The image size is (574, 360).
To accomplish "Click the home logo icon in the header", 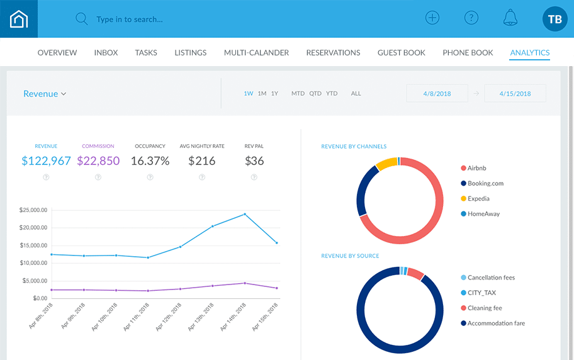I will coord(19,19).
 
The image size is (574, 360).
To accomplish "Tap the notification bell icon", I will coord(510,18).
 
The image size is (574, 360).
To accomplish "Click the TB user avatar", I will coord(554,19).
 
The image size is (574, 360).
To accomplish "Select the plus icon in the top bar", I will coord(432,18).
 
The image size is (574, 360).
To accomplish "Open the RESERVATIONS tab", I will coord(333,53).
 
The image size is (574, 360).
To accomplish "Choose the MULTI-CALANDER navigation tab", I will coord(256,53).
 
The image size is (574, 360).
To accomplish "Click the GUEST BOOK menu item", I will coord(402,53).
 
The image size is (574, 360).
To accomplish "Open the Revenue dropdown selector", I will coord(45,94).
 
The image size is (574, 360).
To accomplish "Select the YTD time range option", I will coord(332,94).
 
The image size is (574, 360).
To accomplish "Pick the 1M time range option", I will coord(262,94).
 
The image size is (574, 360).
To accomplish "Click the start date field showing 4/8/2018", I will coord(437,94).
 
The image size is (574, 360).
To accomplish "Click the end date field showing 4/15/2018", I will coord(515,94).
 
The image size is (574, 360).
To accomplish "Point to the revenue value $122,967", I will coord(46,161).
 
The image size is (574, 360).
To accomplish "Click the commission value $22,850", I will coord(98,161).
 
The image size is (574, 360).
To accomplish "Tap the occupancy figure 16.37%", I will coord(150,161).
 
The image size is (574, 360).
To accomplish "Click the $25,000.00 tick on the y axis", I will coord(35,210).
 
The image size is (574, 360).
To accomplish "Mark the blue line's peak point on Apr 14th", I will coord(245,214).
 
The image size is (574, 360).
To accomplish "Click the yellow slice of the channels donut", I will coord(386,164).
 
